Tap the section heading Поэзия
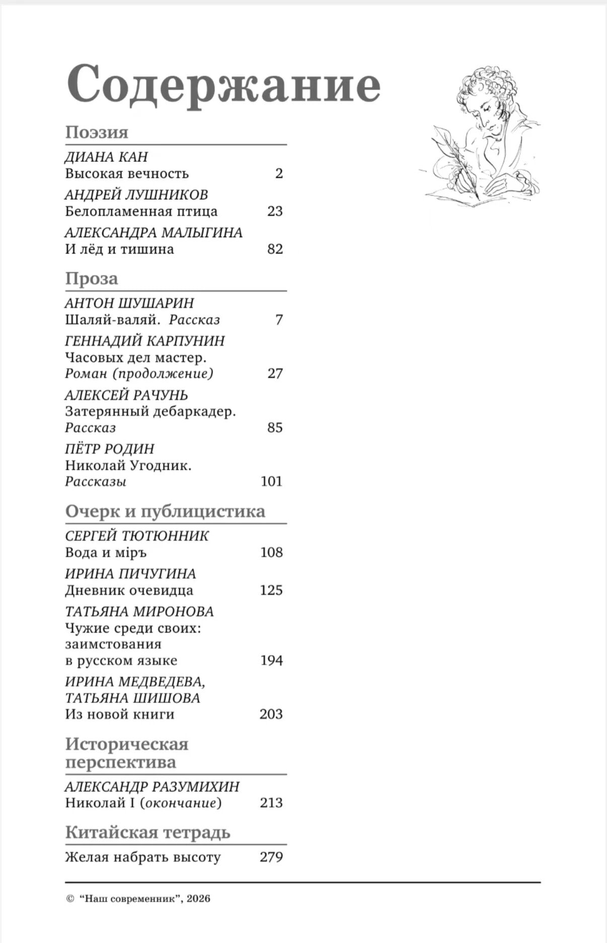click(97, 132)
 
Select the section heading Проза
click(92, 278)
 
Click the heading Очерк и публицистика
click(165, 511)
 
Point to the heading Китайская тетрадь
click(147, 832)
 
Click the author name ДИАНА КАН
click(106, 157)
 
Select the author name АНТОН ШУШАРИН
click(129, 303)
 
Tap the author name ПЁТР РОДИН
click(110, 449)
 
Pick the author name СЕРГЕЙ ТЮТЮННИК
click(137, 536)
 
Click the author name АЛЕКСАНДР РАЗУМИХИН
click(152, 786)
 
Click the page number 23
click(275, 211)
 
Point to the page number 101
click(271, 481)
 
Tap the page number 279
click(271, 857)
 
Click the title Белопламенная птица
click(141, 211)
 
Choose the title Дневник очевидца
click(129, 590)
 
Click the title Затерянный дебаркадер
click(150, 411)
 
